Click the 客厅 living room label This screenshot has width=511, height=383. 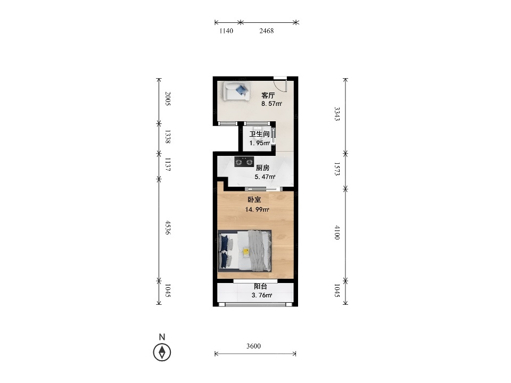tap(268, 95)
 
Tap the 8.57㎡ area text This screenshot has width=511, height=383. tap(271, 104)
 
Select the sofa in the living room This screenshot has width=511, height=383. tap(237, 91)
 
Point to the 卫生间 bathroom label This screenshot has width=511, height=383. tap(259, 134)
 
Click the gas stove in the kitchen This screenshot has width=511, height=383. tap(244, 162)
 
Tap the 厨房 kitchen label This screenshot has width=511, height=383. tap(262, 168)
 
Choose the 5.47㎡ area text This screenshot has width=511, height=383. tap(265, 177)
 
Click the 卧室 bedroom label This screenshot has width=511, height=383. tap(254, 199)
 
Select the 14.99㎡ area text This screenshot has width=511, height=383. tap(257, 210)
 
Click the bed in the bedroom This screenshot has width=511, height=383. tap(244, 251)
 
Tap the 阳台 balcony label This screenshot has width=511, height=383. tap(260, 287)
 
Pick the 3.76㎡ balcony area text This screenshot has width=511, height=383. tap(262, 295)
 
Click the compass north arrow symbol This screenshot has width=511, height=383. tap(162, 352)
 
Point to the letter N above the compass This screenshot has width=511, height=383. tap(162, 337)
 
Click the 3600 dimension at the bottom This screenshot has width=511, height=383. tap(253, 346)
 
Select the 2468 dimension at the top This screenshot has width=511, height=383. tap(267, 31)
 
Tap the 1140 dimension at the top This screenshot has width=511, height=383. tap(226, 31)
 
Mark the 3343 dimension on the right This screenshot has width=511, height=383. tap(337, 114)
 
